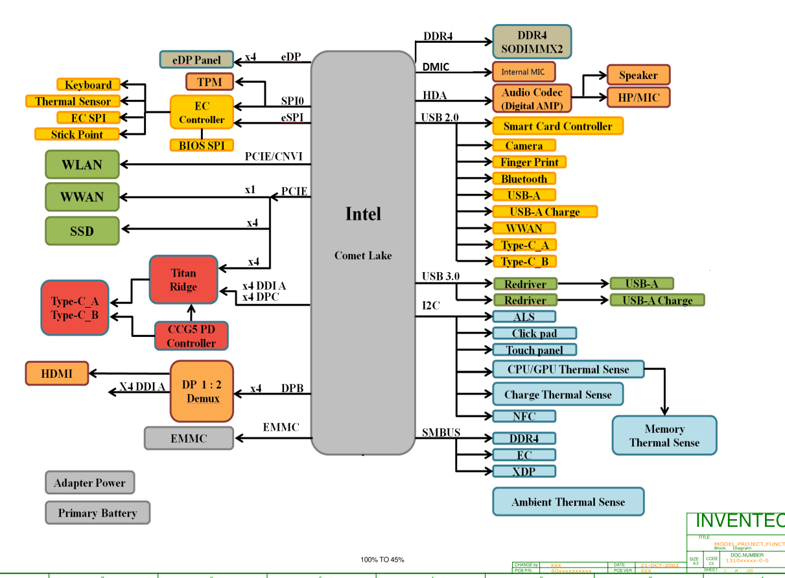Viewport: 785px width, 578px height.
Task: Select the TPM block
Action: pyautogui.click(x=210, y=82)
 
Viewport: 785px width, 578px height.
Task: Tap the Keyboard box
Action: pyautogui.click(x=88, y=85)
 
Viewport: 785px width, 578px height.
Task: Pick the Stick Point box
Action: pyautogui.click(x=77, y=134)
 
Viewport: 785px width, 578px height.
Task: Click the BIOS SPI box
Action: pyautogui.click(x=202, y=145)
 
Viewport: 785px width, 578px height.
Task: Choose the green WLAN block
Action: pyautogui.click(x=82, y=165)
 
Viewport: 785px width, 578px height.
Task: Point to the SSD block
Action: pyautogui.click(x=82, y=231)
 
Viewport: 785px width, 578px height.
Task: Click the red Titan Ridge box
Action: pyautogui.click(x=183, y=279)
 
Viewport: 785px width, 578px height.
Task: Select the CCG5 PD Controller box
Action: pyautogui.click(x=191, y=336)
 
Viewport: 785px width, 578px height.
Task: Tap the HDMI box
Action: pyautogui.click(x=56, y=373)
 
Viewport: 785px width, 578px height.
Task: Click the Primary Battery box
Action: pyautogui.click(x=97, y=513)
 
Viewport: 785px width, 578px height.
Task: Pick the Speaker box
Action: pyautogui.click(x=638, y=75)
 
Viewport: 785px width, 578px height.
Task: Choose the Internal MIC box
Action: pyautogui.click(x=524, y=71)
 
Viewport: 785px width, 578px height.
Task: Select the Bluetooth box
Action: pyautogui.click(x=524, y=179)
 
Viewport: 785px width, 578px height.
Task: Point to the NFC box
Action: pyautogui.click(x=524, y=416)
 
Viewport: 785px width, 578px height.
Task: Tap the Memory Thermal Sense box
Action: pyautogui.click(x=664, y=435)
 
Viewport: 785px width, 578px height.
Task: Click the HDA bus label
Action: pyautogui.click(x=435, y=95)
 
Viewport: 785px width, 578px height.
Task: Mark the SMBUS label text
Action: pyautogui.click(x=441, y=432)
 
